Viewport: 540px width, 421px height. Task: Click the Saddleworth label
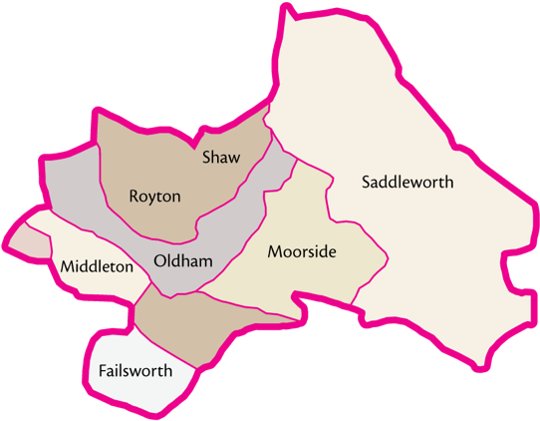coord(407,183)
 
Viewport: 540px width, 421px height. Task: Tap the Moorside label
coord(302,252)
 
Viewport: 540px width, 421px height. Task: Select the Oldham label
coord(184,261)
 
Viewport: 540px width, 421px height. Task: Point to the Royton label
coord(154,197)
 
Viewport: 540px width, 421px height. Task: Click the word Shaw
coord(221,158)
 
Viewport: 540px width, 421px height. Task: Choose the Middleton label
coord(97,266)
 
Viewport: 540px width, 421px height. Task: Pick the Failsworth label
coord(135,371)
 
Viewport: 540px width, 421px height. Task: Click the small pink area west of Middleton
coord(29,240)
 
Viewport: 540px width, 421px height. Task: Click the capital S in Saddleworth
coord(367,183)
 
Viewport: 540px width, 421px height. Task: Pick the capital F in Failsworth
coord(104,371)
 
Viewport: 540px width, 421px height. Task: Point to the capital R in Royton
coord(135,197)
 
